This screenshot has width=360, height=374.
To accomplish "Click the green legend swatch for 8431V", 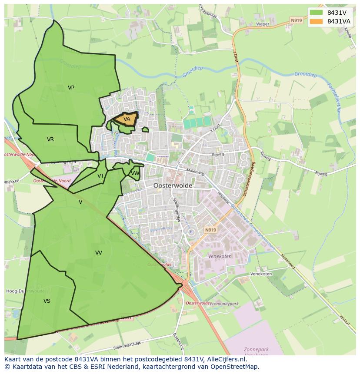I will click(317, 13).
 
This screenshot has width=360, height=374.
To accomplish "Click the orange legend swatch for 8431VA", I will click(317, 21).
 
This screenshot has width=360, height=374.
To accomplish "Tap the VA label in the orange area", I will click(127, 119).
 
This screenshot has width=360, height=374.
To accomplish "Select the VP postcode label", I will click(71, 88).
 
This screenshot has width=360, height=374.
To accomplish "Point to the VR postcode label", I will click(50, 139).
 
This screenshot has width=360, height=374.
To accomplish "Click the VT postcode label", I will click(100, 176).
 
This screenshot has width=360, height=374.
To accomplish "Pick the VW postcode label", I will click(135, 173).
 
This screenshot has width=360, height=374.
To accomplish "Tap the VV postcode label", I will click(99, 252).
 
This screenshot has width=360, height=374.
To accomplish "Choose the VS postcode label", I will click(47, 301).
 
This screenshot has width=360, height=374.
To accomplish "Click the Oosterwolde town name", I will click(173, 185).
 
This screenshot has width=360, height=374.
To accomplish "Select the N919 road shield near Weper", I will click(296, 20).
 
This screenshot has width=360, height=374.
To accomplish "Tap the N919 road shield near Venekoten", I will click(210, 230).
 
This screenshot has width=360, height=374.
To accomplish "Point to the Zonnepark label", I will click(257, 349).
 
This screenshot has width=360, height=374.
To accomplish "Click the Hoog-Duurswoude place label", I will click(24, 291).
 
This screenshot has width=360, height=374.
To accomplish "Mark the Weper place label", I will click(263, 24).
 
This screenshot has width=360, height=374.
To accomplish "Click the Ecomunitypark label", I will click(224, 304).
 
